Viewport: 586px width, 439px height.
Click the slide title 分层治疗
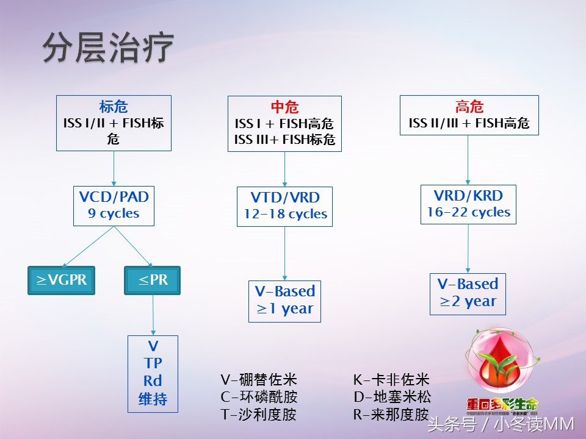108,47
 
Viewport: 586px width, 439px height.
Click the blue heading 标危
114,107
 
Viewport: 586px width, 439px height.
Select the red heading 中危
284,107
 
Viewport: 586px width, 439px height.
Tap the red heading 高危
469,107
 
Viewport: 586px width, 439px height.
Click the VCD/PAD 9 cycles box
114,205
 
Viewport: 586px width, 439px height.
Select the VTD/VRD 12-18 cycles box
284,206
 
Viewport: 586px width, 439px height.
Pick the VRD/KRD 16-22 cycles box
468,204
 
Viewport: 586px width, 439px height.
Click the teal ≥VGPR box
61,280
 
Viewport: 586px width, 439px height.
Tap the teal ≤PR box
152,280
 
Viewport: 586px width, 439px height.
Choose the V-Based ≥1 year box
284,300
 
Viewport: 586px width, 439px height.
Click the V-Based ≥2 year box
468,293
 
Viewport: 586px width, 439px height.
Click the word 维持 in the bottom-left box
153,400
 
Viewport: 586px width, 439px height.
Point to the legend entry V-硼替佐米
259,380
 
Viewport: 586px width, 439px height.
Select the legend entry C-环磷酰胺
259,398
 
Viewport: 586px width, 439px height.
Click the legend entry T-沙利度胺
259,415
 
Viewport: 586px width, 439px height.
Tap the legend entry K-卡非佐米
391,380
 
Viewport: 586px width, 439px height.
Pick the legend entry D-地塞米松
391,398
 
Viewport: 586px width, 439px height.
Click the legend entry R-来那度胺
391,415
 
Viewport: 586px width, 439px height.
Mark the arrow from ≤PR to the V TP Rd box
153,315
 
